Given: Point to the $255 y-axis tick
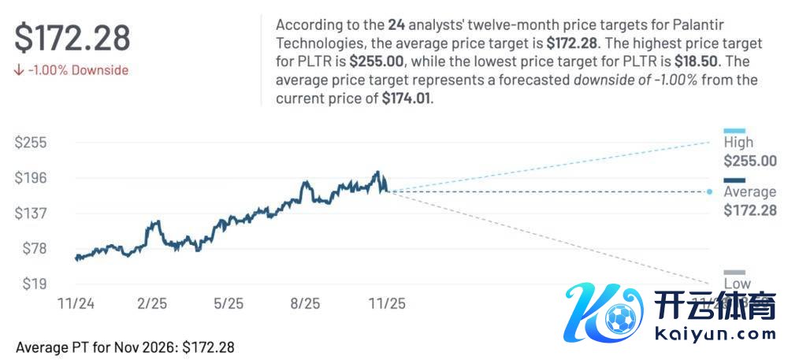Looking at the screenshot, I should point(32,143).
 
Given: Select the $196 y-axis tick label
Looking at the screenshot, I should point(32,178).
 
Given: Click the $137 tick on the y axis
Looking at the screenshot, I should point(32,213).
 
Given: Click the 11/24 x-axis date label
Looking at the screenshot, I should point(76,302).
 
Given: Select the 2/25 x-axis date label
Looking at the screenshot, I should point(151,302).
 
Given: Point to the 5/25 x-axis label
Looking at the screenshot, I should point(229,302).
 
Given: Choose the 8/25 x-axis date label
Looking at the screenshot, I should point(306,302).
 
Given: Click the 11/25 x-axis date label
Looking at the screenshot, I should point(387,302).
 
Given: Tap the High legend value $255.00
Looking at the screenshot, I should point(749,161).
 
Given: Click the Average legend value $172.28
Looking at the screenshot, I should point(749,210).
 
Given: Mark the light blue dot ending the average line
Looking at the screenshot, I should point(710,191).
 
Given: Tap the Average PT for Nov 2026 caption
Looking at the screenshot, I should point(125,347).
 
